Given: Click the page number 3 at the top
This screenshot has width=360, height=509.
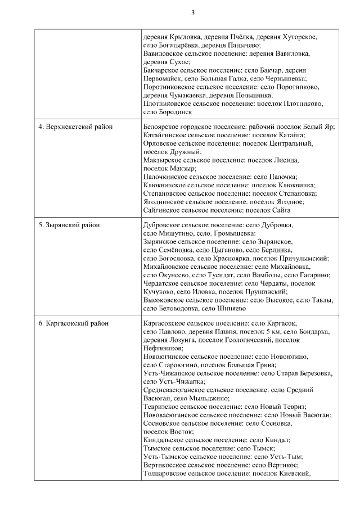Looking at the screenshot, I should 192,12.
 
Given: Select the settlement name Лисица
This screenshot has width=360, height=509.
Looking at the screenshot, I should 287,160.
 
